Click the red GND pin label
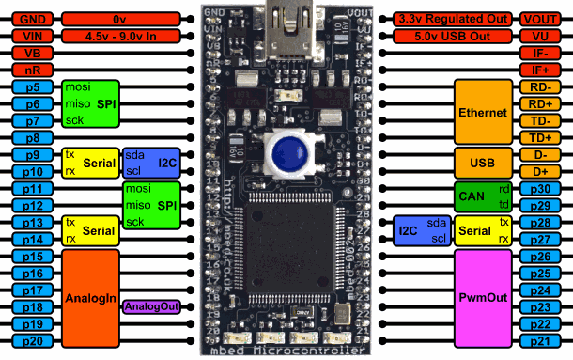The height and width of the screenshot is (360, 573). (27, 19)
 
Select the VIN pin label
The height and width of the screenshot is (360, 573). (27, 36)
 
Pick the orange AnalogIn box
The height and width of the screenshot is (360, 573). (91, 297)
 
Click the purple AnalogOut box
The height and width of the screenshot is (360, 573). (152, 307)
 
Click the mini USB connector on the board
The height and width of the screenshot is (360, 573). (285, 21)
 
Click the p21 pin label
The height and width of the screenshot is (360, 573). (541, 340)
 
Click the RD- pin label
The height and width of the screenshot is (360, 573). (541, 86)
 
